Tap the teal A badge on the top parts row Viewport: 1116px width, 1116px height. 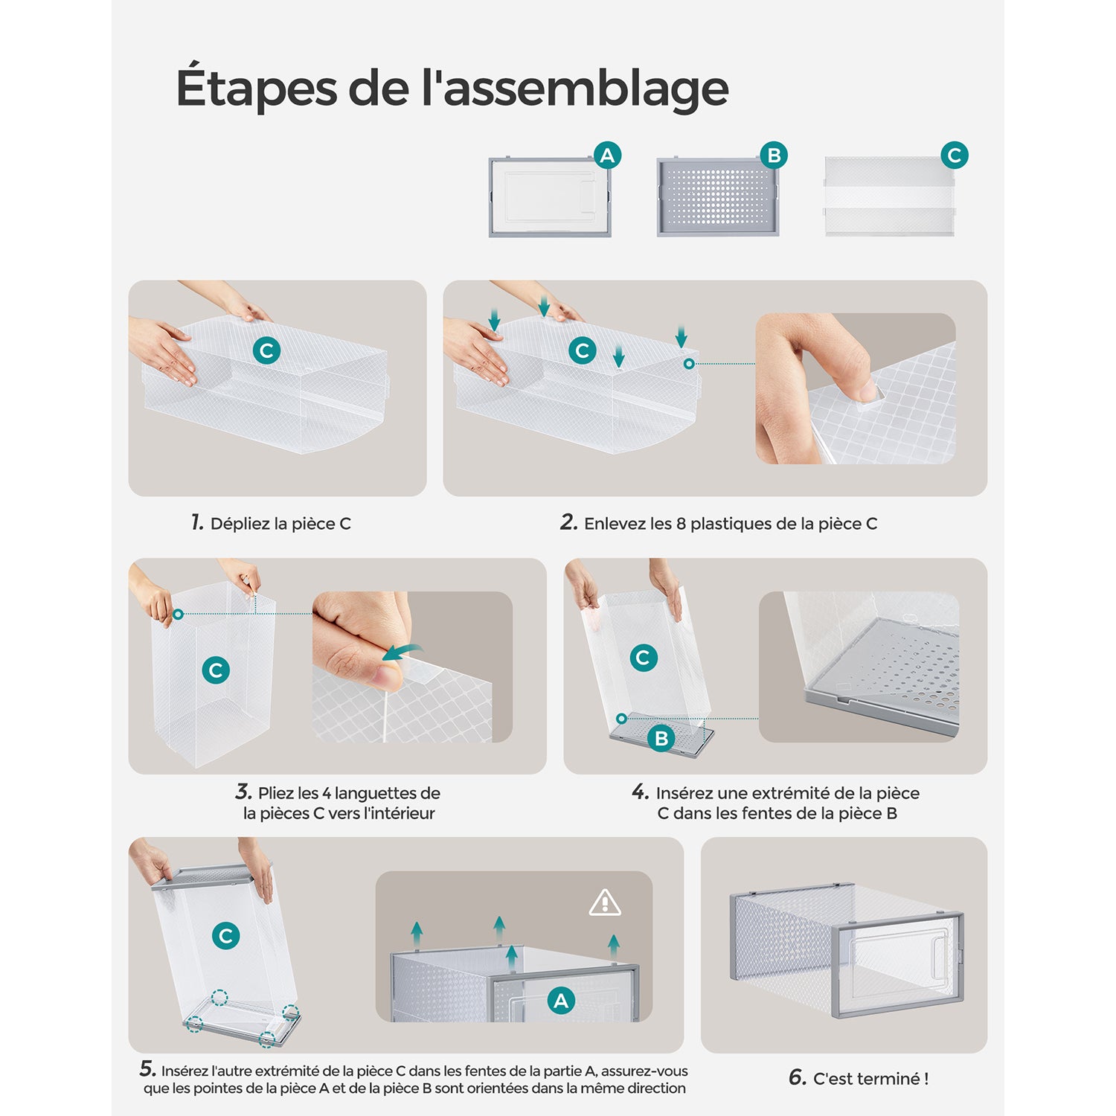click(x=608, y=155)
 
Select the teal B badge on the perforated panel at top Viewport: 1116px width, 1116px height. click(x=774, y=155)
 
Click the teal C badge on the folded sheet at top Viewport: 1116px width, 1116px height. click(x=955, y=155)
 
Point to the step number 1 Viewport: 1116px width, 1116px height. click(x=197, y=522)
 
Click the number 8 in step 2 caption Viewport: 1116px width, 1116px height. click(x=681, y=524)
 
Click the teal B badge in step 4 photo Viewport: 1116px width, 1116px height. click(x=661, y=739)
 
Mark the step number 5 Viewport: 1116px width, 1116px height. click(x=148, y=1069)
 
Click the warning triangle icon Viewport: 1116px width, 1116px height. click(x=605, y=902)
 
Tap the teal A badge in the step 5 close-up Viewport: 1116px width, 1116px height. click(x=561, y=1001)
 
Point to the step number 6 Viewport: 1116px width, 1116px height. click(x=798, y=1077)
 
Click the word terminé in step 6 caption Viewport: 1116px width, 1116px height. click(x=892, y=1079)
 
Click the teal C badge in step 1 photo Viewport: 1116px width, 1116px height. click(x=266, y=350)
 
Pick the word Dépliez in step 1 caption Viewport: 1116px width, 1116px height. click(x=240, y=525)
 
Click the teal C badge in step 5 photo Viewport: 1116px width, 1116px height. click(x=225, y=935)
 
